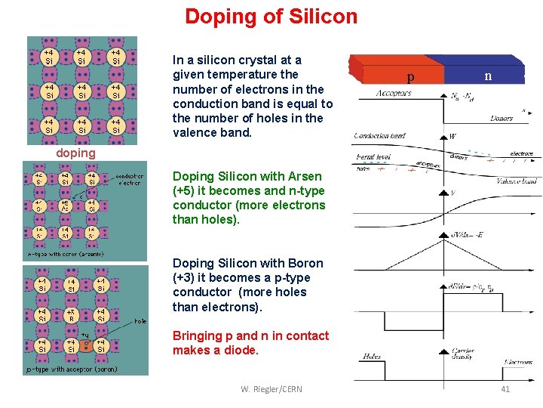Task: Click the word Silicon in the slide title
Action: [x=316, y=16]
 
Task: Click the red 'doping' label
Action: [x=76, y=153]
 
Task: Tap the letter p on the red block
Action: [x=410, y=77]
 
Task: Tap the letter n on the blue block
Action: [x=488, y=76]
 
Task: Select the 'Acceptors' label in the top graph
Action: [x=394, y=94]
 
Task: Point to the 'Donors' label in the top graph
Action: [x=501, y=119]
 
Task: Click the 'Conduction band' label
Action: [x=380, y=136]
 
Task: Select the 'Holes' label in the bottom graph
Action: [x=373, y=357]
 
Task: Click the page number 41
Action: [x=505, y=389]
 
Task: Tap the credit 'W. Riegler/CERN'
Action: [x=271, y=389]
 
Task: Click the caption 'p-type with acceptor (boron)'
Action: [x=72, y=369]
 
